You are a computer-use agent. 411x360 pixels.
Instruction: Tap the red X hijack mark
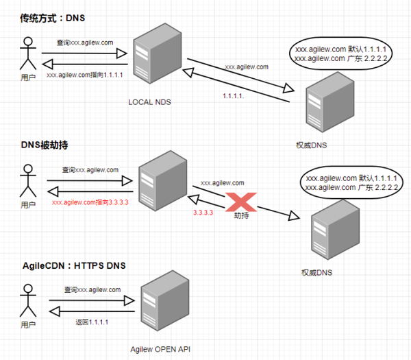tap(242, 202)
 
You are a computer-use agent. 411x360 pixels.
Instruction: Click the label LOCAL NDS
tap(149, 102)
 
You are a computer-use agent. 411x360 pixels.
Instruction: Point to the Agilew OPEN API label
tap(161, 349)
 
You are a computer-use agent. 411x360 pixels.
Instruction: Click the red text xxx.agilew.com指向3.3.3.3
tap(90, 203)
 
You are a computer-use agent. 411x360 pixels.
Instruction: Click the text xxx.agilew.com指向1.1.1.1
tap(85, 75)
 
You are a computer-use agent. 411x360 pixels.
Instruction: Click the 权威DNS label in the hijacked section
tap(317, 272)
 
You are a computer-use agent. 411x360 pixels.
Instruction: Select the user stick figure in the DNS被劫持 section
tap(27, 181)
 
